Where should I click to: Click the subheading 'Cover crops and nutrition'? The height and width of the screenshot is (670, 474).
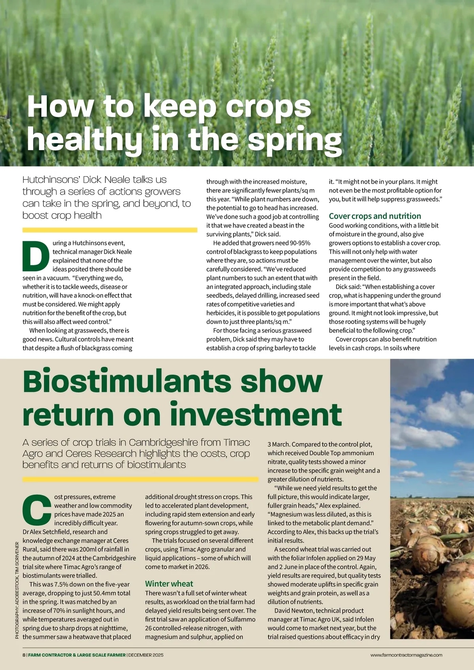[375, 216]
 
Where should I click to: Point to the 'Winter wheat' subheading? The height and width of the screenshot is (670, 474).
[169, 584]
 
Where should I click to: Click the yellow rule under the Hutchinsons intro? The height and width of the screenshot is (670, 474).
[110, 230]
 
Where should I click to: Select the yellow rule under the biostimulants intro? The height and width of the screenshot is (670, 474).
[140, 479]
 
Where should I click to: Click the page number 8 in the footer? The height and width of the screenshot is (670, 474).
[24, 655]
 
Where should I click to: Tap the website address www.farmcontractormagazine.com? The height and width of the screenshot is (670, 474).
[406, 655]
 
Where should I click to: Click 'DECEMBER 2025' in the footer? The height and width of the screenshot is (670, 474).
[146, 655]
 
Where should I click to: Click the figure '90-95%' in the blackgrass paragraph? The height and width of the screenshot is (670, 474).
[300, 243]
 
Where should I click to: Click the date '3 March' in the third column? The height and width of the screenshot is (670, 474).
[278, 444]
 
